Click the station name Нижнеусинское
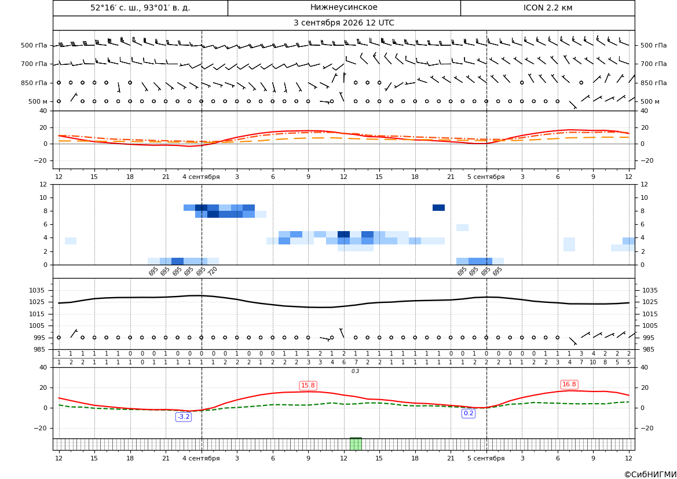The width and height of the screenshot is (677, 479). [x=343, y=8]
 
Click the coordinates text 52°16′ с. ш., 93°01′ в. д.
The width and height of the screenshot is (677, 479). [x=140, y=8]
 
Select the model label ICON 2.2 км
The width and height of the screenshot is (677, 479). [x=548, y=8]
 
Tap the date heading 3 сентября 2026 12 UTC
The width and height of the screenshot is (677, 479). [x=343, y=23]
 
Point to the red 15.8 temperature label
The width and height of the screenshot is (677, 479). [x=308, y=385]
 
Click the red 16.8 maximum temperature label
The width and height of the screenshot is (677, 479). [x=569, y=385]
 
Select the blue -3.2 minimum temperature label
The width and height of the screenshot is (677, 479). [x=184, y=417]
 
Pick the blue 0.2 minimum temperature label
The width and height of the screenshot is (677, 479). [x=469, y=414]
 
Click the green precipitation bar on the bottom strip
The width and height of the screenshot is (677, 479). [x=356, y=444]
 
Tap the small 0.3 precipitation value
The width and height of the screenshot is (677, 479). [x=356, y=371]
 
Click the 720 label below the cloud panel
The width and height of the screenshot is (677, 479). [x=213, y=271]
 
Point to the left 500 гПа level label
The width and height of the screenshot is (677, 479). [x=34, y=45]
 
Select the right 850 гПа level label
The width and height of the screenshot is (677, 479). [x=654, y=83]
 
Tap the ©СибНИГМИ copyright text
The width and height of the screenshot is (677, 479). [x=650, y=474]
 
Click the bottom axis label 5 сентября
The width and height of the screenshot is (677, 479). [x=486, y=458]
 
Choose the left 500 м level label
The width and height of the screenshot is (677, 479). [x=38, y=101]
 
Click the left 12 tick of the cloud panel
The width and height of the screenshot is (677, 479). [x=43, y=184]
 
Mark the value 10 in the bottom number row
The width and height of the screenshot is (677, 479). [x=593, y=363]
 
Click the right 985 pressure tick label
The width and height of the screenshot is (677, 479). [x=649, y=349]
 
